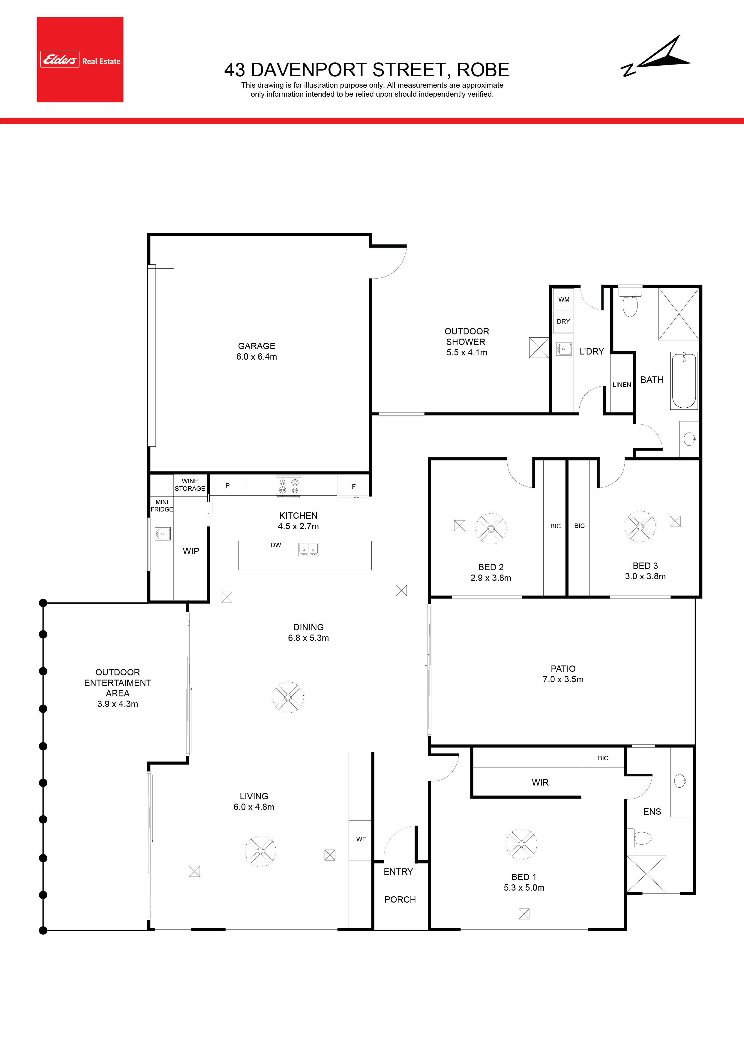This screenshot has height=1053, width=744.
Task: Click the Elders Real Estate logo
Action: pos(80,60)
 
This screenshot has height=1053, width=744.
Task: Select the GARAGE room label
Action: pos(257,346)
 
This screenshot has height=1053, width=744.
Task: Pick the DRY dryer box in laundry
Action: pos(563,321)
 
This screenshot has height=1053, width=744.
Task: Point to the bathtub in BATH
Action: pos(684,380)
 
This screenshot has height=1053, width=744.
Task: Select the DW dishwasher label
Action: pos(275,545)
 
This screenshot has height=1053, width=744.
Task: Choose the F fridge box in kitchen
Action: pos(353,486)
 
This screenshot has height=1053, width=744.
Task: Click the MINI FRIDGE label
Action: pos(162,506)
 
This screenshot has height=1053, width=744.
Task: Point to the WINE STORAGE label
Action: pos(190,485)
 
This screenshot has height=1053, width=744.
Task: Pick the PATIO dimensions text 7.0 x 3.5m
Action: pos(563,679)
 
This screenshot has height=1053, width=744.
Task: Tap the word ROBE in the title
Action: pos(483,70)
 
